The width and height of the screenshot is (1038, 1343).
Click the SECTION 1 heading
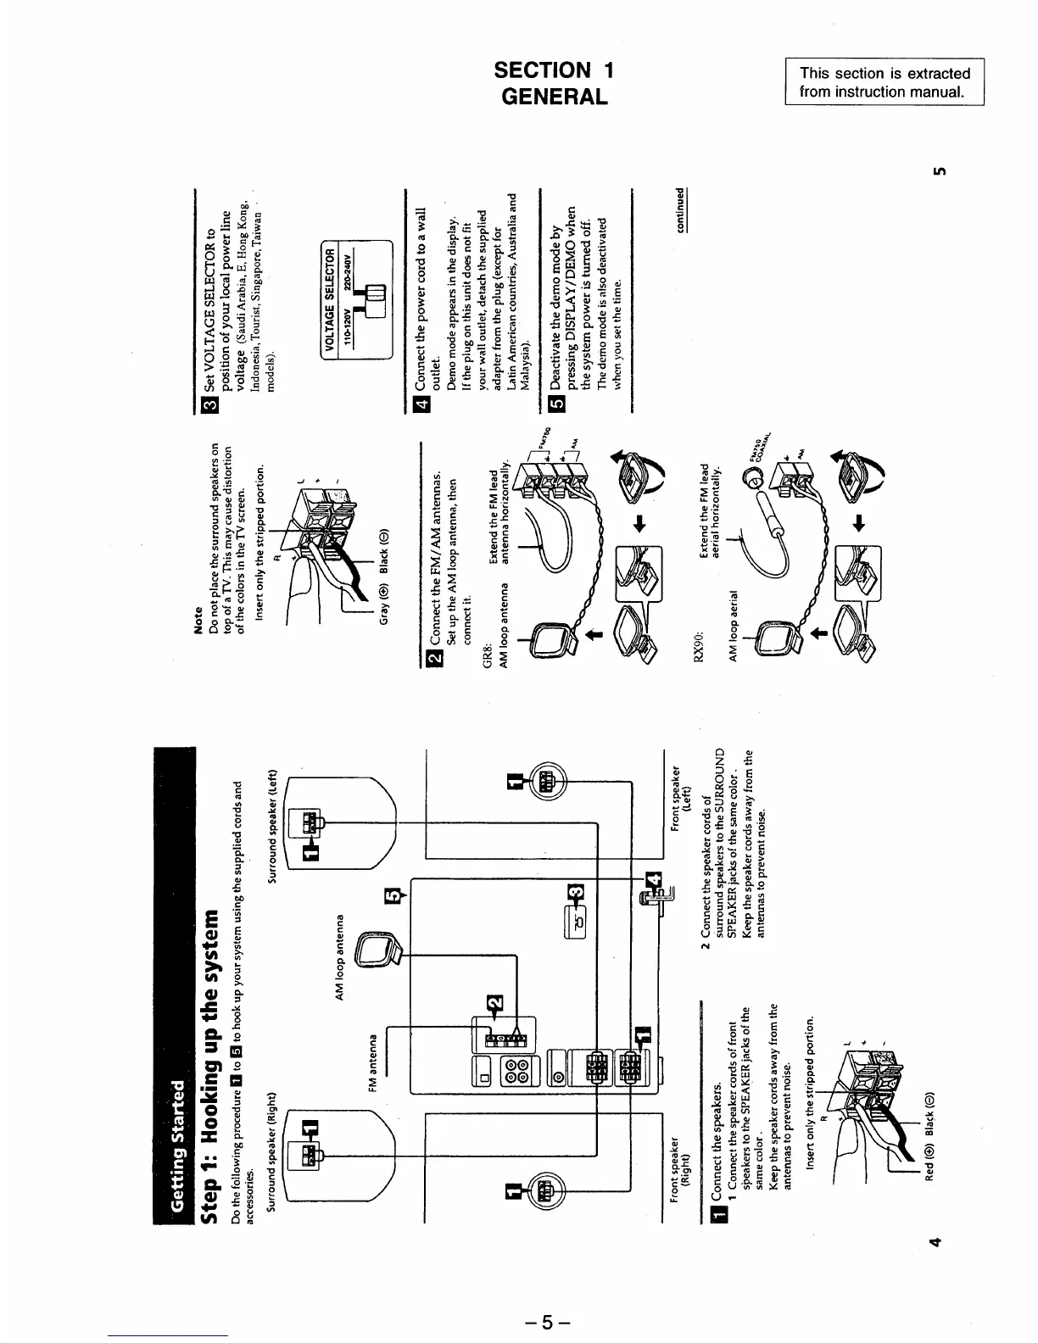tap(555, 70)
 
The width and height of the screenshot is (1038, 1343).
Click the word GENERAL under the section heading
tap(555, 97)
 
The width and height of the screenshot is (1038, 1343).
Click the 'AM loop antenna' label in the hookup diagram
tap(340, 956)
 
